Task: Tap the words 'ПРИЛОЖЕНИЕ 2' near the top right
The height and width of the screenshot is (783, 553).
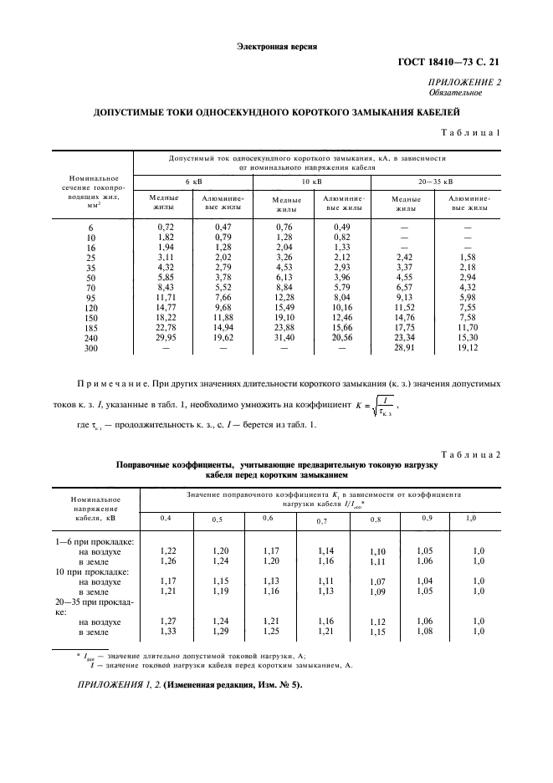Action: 464,83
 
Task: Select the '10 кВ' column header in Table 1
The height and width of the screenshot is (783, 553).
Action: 311,181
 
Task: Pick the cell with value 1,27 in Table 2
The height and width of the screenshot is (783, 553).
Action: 167,621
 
